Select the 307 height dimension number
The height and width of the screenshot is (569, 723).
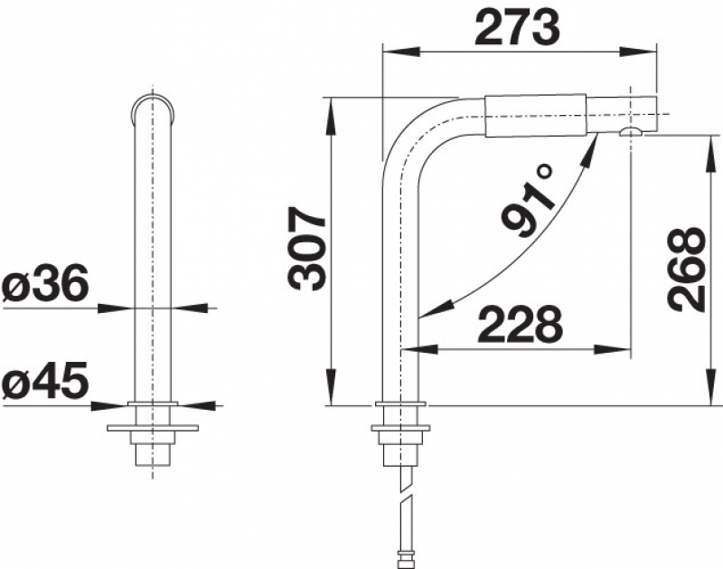[x=305, y=248]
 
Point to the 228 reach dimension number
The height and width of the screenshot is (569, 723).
[x=521, y=324]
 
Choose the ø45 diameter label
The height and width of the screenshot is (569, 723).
[x=45, y=380]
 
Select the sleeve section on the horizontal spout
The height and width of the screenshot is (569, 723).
[x=535, y=116]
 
